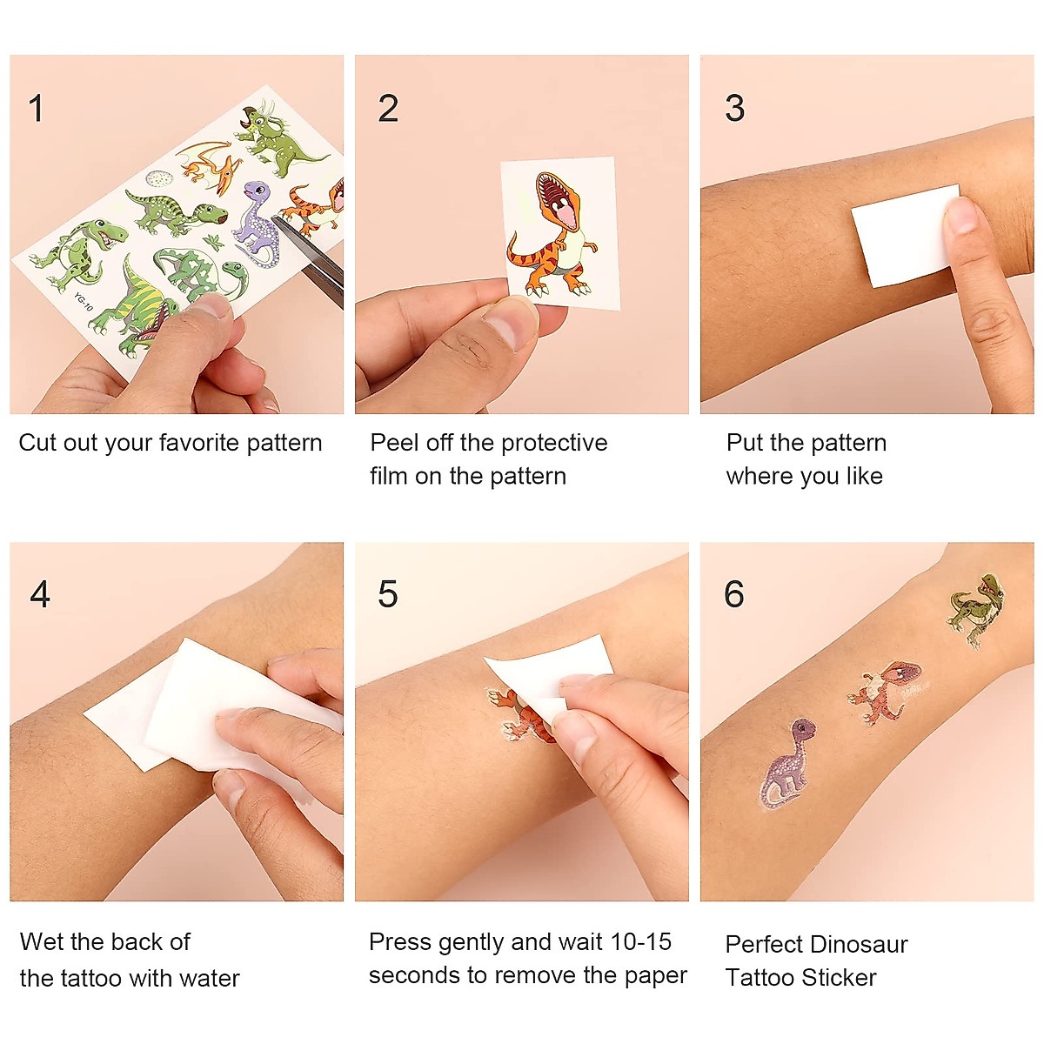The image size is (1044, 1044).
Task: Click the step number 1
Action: click(36, 109)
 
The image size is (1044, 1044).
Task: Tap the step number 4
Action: click(40, 594)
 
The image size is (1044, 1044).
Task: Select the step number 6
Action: click(734, 594)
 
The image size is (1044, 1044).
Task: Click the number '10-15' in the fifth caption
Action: click(641, 941)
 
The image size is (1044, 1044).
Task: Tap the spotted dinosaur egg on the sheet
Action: click(158, 179)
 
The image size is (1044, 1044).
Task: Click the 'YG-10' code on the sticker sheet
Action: click(83, 303)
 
